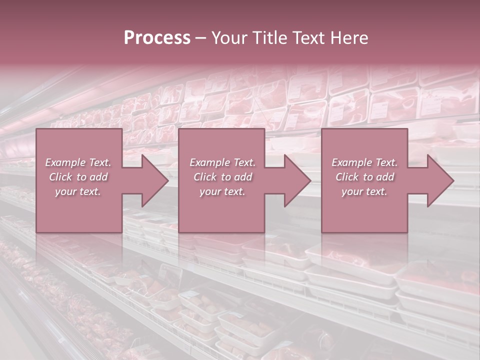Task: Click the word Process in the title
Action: (x=157, y=38)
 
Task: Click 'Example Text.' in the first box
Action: (x=78, y=162)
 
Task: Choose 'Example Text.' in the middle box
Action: (x=222, y=162)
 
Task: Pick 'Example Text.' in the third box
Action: (x=364, y=162)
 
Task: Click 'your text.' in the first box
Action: (x=78, y=191)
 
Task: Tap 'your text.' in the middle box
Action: (x=222, y=191)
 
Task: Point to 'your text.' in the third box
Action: (x=364, y=191)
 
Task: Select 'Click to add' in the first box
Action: (x=78, y=177)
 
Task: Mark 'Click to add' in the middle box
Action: (x=222, y=177)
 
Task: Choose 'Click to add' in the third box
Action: (x=364, y=177)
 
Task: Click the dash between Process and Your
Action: (x=201, y=38)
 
